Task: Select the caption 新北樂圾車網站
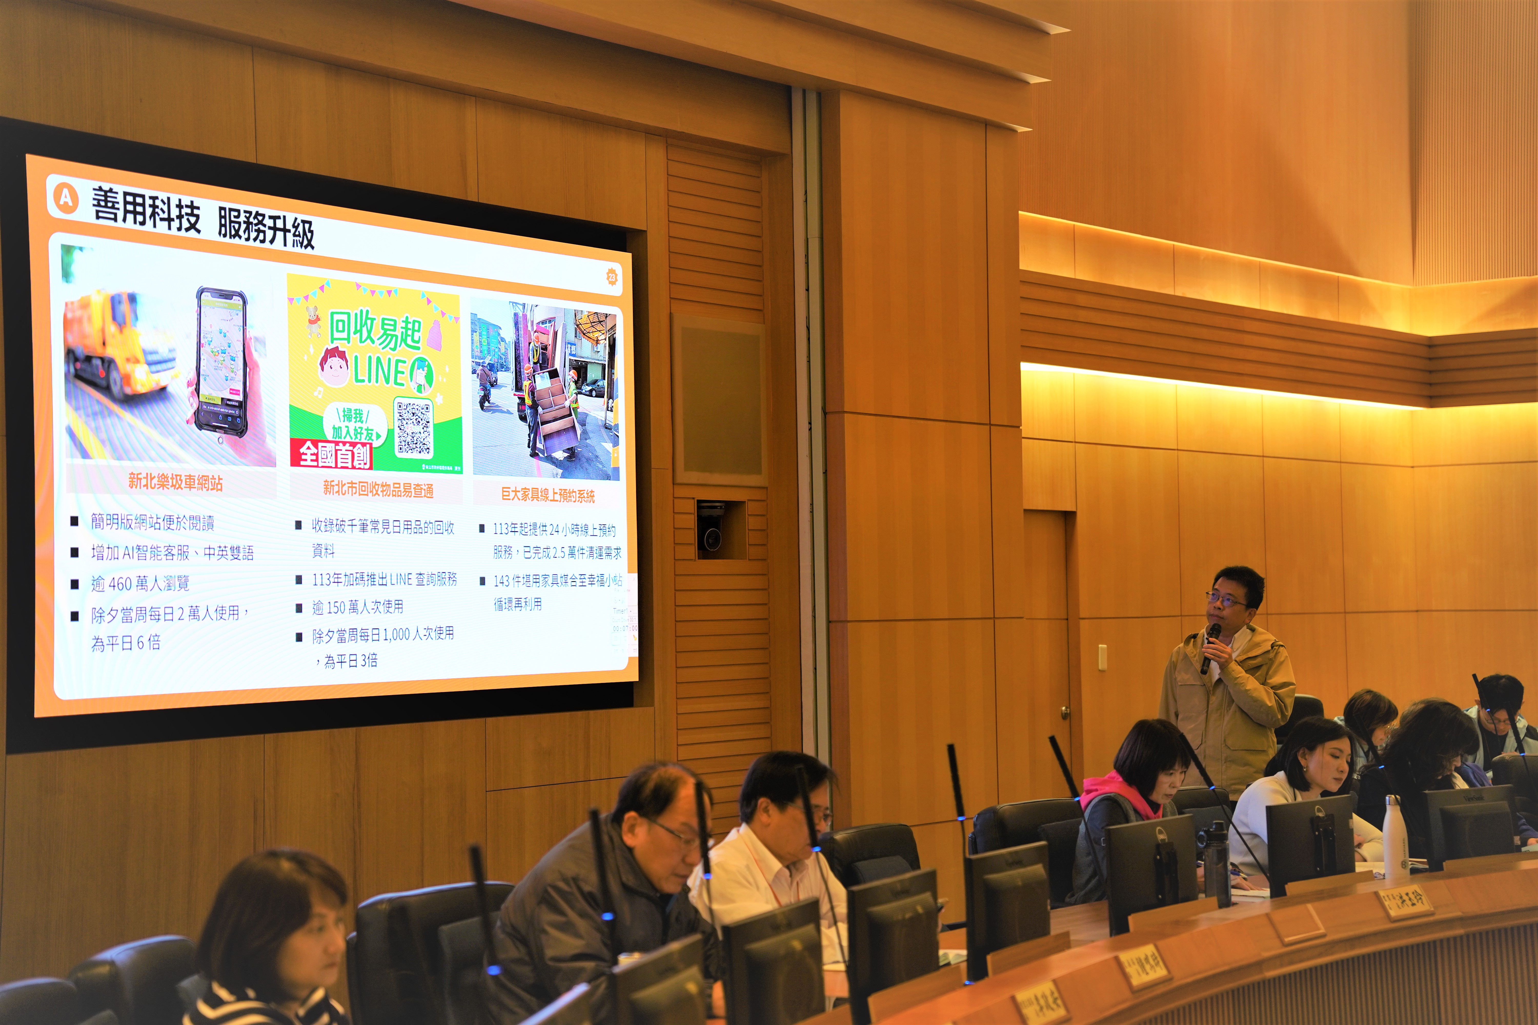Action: pyautogui.click(x=175, y=483)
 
